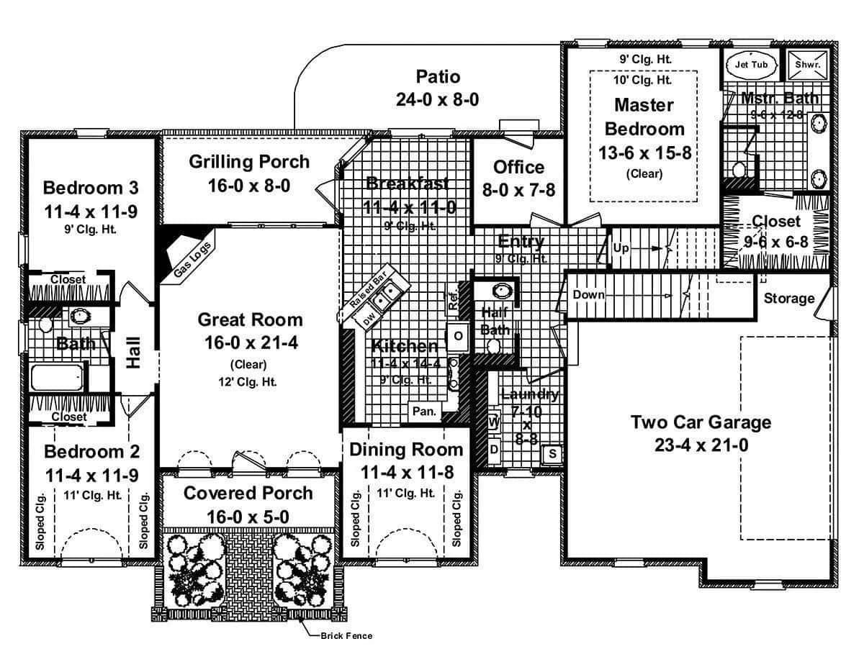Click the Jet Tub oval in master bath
coord(751,64)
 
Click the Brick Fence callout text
coord(348,635)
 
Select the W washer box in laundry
coord(494,422)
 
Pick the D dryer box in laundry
coord(494,449)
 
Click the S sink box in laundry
coord(552,453)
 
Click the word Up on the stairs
coord(621,248)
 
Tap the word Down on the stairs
coord(588,295)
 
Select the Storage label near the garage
coord(789,298)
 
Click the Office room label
coord(518,167)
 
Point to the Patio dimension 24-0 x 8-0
coord(437,99)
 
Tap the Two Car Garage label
coord(701,422)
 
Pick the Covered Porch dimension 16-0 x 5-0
coord(248,517)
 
